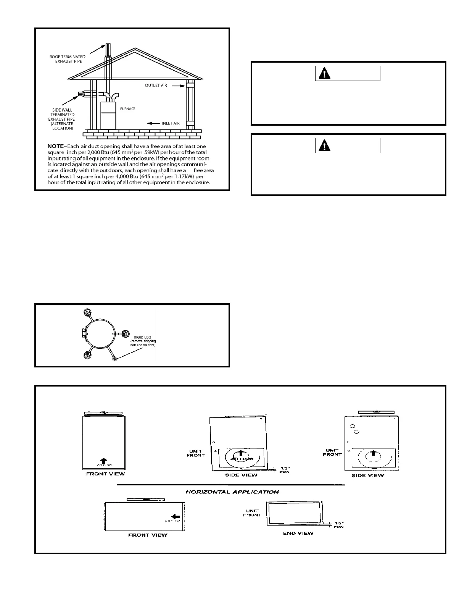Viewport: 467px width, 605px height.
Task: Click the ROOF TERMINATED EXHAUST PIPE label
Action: coord(67,59)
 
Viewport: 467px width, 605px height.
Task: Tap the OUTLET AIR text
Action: coord(156,86)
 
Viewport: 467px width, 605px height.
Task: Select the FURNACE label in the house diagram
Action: coord(128,109)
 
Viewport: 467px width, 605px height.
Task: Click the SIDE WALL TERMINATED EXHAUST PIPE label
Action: coord(63,119)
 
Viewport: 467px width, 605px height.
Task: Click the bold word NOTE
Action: coord(55,146)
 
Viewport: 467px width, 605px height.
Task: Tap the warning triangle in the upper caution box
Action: coord(325,73)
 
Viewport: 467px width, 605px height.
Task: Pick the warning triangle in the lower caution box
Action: coord(325,146)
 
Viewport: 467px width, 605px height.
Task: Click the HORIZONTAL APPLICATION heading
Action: coord(232,492)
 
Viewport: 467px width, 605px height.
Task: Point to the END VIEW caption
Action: coord(298,533)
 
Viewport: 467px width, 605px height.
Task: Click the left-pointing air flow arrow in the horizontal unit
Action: coord(176,515)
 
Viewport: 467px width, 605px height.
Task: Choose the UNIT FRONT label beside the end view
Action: coord(252,513)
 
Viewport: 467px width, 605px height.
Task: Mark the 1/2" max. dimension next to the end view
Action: coord(338,525)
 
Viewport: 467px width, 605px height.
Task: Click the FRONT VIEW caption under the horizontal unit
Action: coord(147,535)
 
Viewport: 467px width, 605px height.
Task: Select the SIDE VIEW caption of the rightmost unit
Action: coord(368,476)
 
